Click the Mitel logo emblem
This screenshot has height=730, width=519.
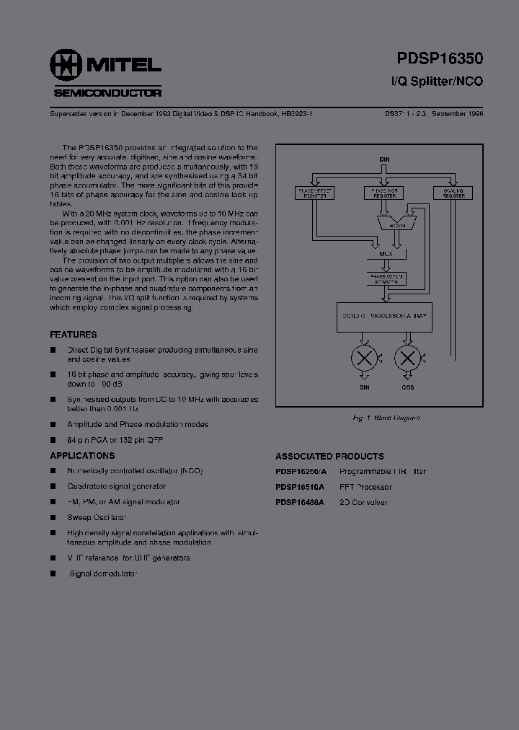coord(66,66)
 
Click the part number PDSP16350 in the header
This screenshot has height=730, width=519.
coord(440,59)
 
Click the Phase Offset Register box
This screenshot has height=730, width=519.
coord(311,193)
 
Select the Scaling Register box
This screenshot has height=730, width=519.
coord(453,193)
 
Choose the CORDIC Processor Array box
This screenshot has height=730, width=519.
coord(385,317)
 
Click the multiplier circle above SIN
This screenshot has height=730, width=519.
coord(365,358)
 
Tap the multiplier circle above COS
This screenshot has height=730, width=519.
coord(408,358)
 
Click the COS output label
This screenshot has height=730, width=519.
coord(408,387)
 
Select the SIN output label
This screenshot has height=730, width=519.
coord(365,387)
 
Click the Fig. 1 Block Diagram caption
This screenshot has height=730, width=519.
coord(386,418)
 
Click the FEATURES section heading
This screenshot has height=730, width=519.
coord(73,335)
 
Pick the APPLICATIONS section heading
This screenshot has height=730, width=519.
coord(82,456)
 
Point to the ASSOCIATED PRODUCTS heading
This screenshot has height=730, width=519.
coord(329,456)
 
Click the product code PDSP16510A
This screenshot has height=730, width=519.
coord(300,487)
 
